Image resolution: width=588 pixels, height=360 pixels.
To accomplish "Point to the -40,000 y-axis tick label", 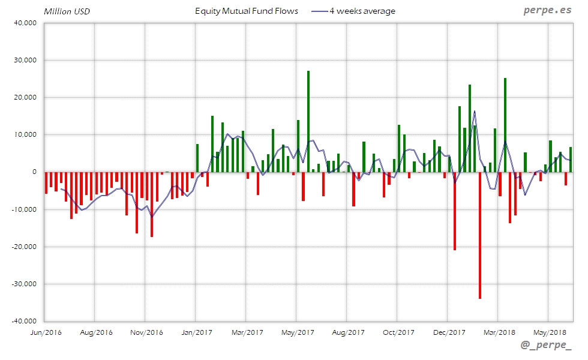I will point(25,321).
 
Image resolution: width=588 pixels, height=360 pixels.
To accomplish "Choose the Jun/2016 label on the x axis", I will point(45,332).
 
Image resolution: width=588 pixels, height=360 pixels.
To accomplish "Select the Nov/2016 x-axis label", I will point(146,332).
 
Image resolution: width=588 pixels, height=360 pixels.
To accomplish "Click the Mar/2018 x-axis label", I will point(499,332).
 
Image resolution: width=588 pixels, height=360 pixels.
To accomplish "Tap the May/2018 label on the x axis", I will point(549,332).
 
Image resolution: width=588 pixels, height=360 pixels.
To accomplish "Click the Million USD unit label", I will point(67,11).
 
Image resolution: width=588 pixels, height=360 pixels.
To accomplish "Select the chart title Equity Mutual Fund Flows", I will point(247,11).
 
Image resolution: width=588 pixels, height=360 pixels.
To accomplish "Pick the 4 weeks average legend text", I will point(362,11).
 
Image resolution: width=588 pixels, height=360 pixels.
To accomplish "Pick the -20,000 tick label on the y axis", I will point(25,247).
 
